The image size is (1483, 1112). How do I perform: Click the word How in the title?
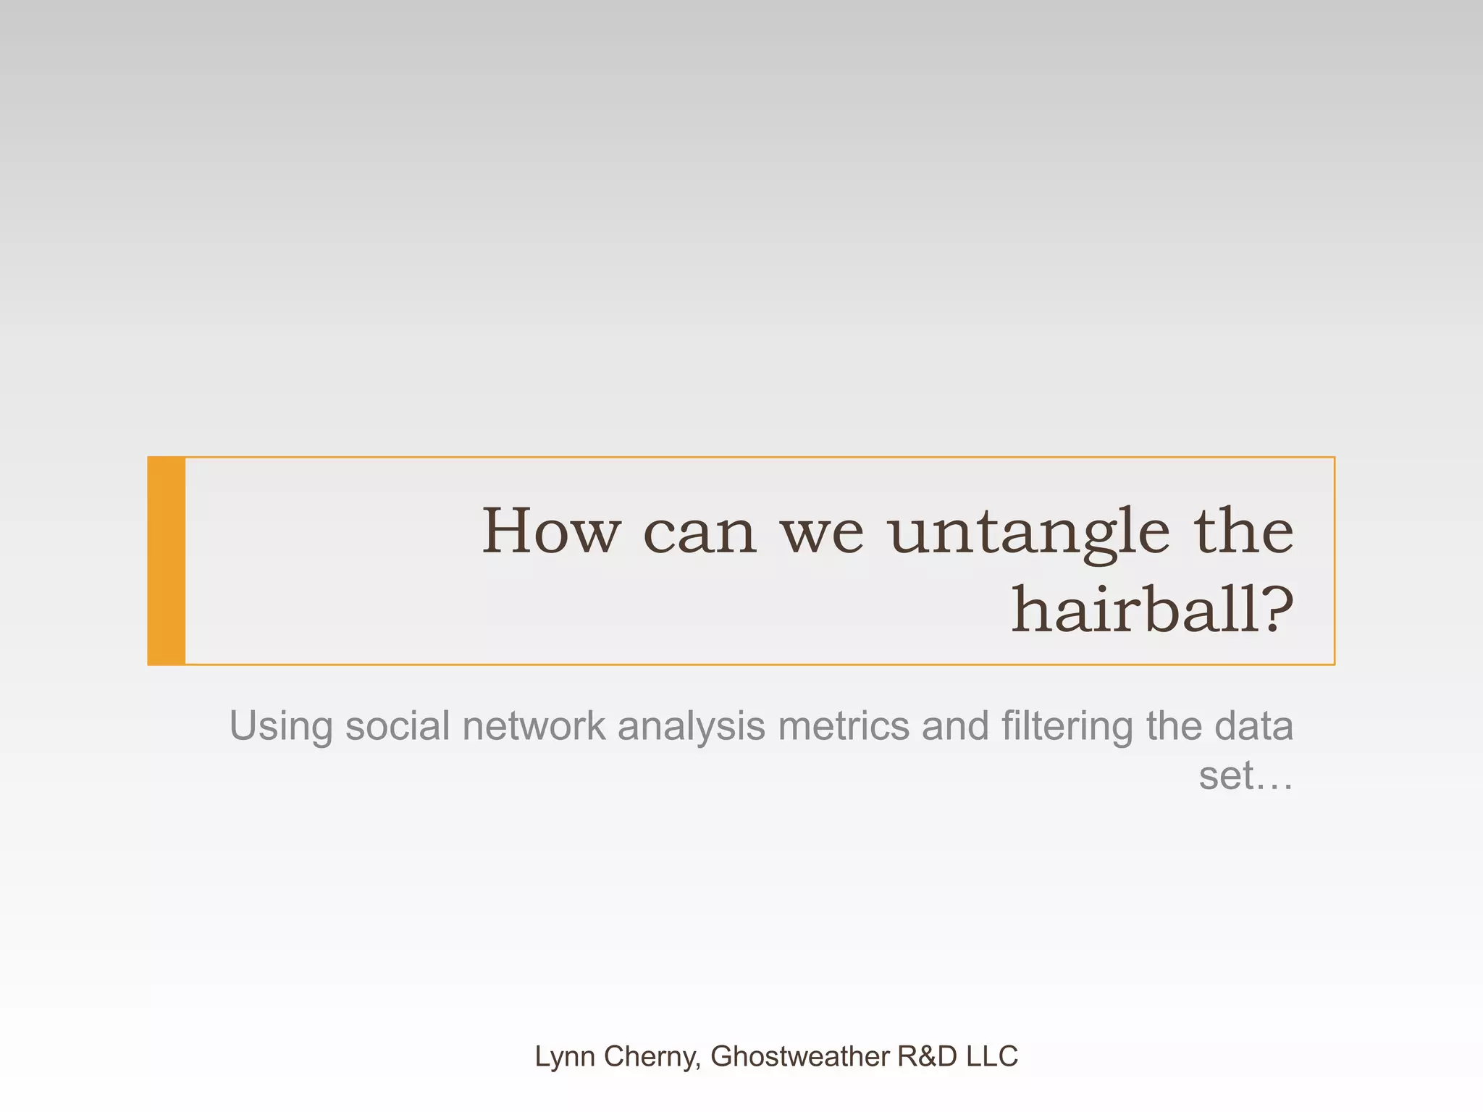tap(551, 531)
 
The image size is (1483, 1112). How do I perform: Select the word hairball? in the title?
tap(1151, 610)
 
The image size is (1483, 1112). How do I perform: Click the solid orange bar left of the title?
tap(167, 561)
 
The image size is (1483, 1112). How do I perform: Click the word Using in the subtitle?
tap(280, 726)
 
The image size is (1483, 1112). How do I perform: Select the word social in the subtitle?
tap(398, 726)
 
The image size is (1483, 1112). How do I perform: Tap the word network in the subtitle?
tap(534, 726)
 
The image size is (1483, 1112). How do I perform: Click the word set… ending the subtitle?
tap(1245, 776)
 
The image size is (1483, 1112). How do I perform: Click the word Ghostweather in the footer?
tap(800, 1057)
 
